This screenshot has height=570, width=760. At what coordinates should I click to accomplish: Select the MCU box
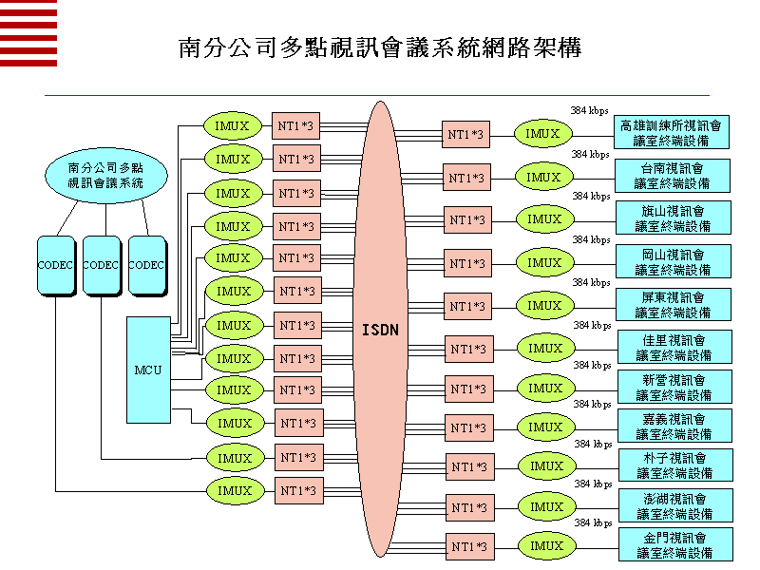(x=149, y=370)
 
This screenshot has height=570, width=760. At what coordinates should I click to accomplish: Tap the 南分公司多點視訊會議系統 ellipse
(x=105, y=175)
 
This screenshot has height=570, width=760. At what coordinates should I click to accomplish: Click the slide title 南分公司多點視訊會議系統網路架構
(x=380, y=48)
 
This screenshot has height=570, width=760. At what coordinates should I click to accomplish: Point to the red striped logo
(x=28, y=33)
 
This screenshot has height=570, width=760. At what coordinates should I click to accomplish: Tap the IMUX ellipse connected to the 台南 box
(x=544, y=177)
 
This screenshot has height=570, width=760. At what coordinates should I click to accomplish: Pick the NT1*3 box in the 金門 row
(x=470, y=547)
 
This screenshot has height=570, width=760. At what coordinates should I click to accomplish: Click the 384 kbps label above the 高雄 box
(x=589, y=110)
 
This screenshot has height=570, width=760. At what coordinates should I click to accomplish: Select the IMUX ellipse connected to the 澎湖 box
(x=547, y=507)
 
